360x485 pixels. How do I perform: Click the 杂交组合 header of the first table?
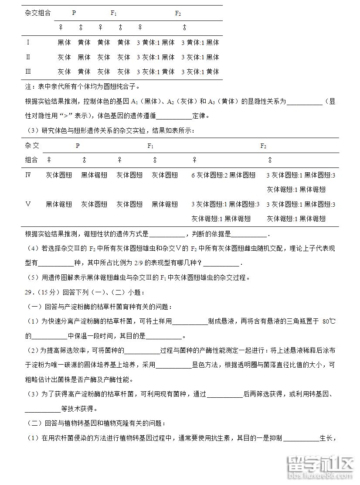click(38, 13)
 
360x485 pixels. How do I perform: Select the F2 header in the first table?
click(178, 13)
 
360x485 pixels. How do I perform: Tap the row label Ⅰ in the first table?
click(28, 42)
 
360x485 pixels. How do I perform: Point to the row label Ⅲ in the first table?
click(29, 71)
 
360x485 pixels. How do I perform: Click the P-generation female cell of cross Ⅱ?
click(64, 57)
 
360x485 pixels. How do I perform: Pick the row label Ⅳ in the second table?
click(29, 175)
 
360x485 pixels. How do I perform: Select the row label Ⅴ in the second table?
click(29, 204)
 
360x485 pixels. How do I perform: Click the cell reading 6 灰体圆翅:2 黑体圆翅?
click(223, 175)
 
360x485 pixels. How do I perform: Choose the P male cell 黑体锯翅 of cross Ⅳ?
click(94, 175)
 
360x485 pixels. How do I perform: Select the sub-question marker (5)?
click(33, 277)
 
